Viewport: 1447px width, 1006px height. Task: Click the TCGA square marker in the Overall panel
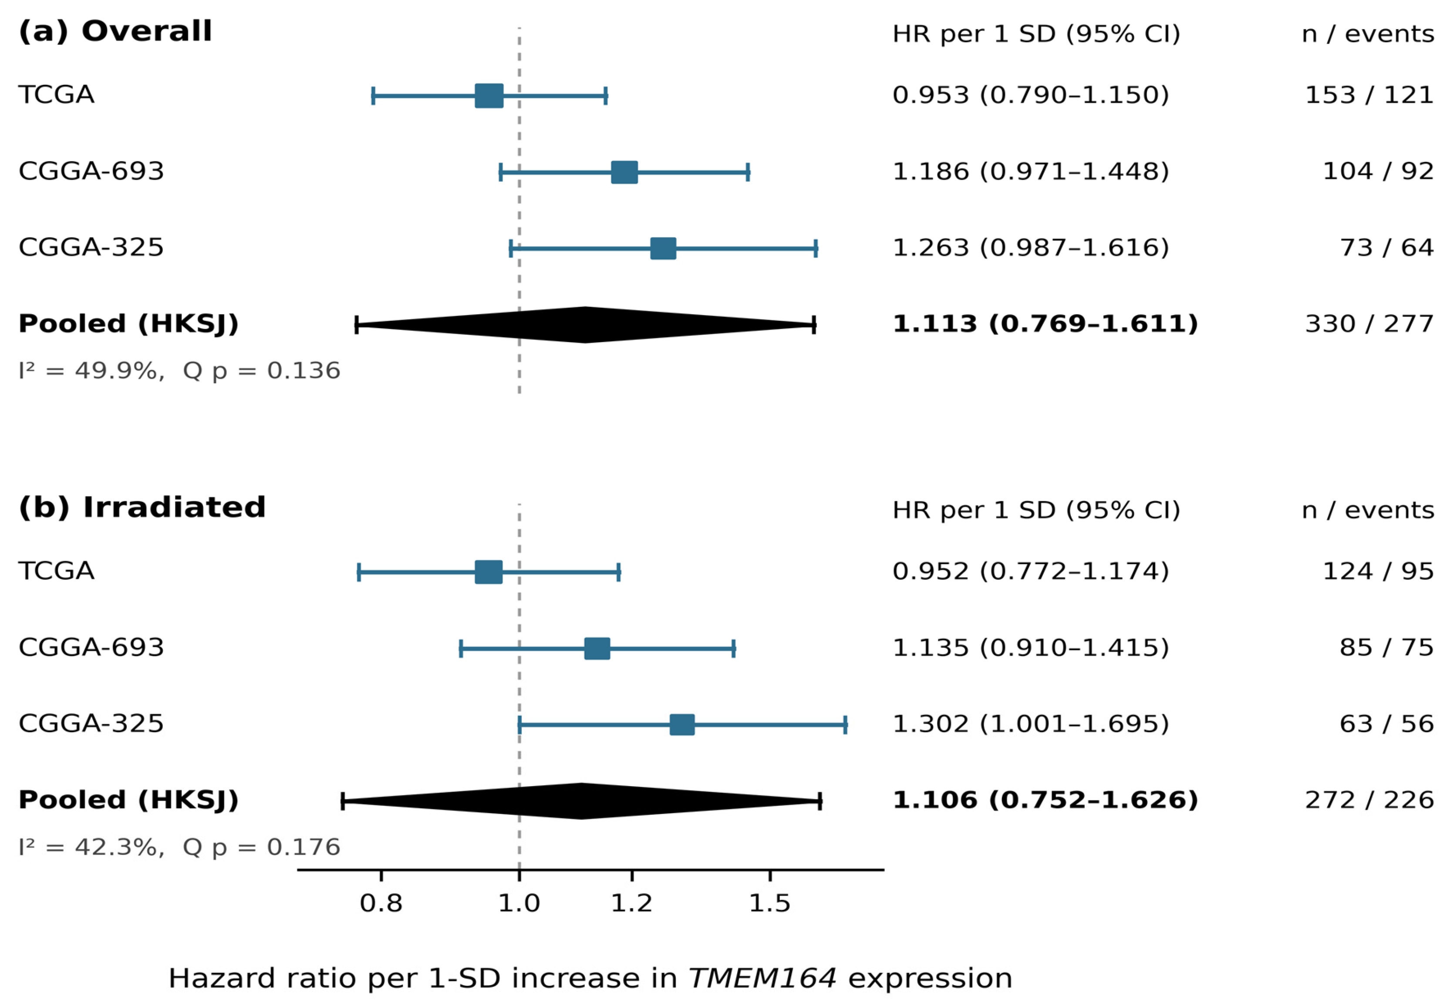point(489,96)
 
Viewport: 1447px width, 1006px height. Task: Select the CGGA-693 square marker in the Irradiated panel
point(597,648)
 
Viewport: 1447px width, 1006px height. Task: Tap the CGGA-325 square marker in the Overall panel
point(663,248)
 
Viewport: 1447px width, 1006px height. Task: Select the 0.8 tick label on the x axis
point(381,903)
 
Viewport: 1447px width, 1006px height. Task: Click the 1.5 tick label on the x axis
point(769,903)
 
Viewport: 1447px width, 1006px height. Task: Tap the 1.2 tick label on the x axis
point(631,903)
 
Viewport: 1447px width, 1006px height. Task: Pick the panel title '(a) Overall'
point(115,31)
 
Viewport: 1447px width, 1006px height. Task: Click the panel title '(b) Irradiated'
point(142,508)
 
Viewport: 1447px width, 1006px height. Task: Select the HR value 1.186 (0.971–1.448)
point(1030,172)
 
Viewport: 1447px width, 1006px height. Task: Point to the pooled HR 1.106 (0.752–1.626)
point(1045,800)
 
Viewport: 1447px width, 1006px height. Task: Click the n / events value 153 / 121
point(1369,95)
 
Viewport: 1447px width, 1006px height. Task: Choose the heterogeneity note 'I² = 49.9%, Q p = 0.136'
point(179,370)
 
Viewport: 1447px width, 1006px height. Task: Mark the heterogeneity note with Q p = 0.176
point(179,847)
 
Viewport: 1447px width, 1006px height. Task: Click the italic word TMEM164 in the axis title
point(762,978)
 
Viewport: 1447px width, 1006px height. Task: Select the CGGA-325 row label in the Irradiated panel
point(91,724)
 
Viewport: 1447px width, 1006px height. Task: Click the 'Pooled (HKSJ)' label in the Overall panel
point(128,324)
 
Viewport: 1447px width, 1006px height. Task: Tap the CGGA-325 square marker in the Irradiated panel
point(682,724)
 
